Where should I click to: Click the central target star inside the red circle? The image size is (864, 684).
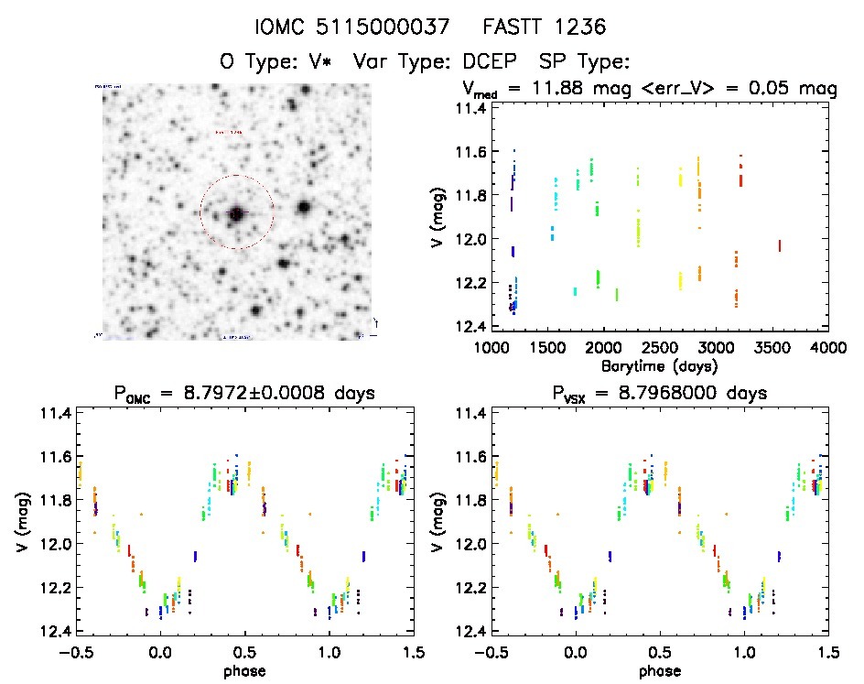[236, 213]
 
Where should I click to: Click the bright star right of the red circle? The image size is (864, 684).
[303, 207]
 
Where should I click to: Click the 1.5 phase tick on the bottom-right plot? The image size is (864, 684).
[828, 652]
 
